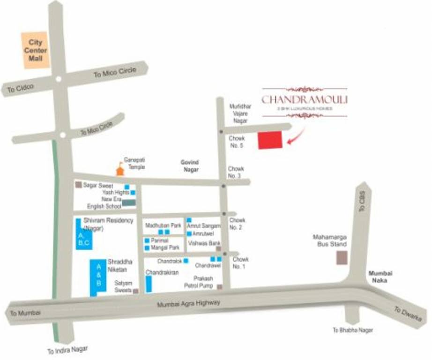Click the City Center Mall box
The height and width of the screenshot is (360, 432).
36,50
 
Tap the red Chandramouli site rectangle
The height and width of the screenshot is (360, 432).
270,140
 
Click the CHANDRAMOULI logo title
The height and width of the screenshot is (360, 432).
305,99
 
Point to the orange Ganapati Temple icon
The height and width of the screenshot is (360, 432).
120,169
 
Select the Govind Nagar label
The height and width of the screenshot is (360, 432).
190,166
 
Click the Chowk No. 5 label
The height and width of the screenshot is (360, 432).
237,142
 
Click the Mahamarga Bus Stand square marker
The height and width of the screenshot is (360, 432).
342,258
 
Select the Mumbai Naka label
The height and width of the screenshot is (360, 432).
380,277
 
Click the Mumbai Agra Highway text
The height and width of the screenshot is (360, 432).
188,304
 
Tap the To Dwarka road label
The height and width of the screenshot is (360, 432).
404,314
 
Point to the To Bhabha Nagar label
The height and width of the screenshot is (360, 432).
353,330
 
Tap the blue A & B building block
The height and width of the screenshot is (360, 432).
98,277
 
